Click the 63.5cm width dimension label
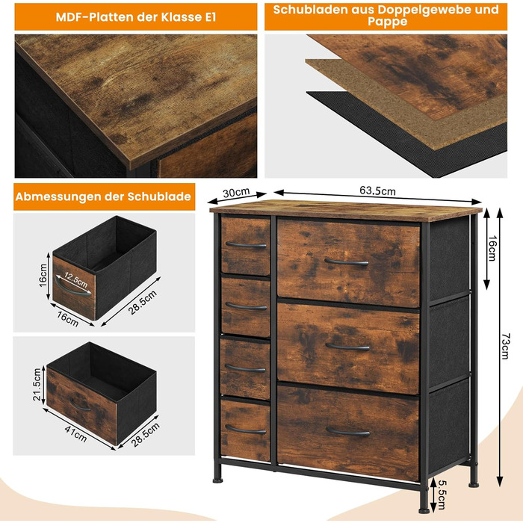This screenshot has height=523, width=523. (377, 191)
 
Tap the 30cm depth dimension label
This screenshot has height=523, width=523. (236, 193)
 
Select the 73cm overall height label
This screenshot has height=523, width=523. (504, 345)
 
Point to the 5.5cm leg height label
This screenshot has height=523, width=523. (442, 495)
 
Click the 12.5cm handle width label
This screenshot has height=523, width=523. (75, 280)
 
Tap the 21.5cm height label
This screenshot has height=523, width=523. (37, 384)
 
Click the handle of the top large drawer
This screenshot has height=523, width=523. (346, 262)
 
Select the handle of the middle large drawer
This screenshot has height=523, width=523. (347, 347)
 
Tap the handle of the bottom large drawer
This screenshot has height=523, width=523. (347, 433)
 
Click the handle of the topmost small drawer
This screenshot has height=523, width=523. (246, 246)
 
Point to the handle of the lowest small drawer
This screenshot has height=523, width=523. (246, 430)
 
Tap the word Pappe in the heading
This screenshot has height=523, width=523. (387, 22)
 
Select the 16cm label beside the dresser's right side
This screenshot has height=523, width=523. (492, 248)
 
